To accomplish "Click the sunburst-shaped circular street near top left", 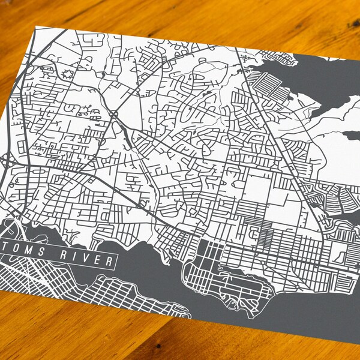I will [65, 75].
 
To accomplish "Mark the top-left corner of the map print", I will [37, 26].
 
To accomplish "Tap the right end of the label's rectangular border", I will [115, 263].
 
